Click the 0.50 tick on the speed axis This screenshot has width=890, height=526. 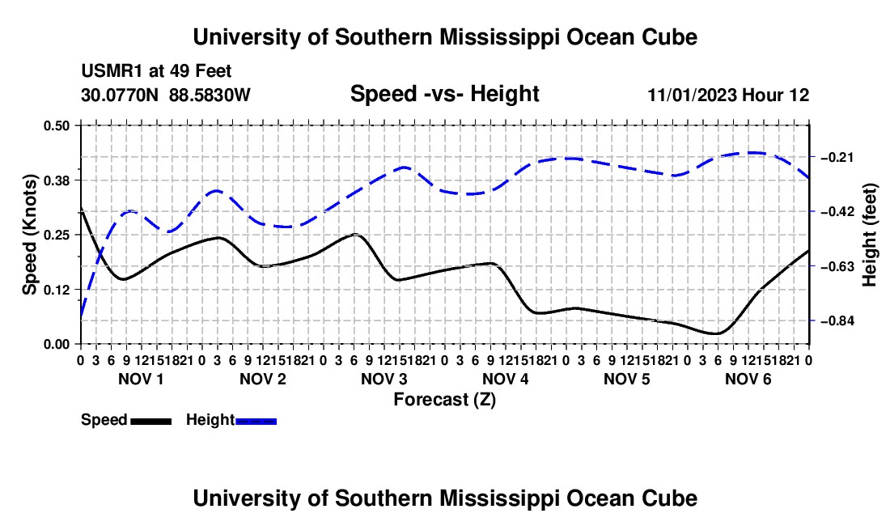pos(56,125)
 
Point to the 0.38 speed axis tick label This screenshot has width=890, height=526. pos(56,180)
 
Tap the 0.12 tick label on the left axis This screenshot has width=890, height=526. pos(56,290)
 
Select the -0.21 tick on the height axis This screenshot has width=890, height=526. pos(837,157)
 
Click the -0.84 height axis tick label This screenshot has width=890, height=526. pos(837,321)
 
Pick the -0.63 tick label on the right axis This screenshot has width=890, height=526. pos(837,267)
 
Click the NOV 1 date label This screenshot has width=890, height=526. pos(141,379)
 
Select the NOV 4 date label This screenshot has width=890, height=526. pos(505,379)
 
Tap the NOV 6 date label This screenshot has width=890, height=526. pos(748,379)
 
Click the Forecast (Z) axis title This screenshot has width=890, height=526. pos(445,400)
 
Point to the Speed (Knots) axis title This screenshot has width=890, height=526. pos(29,235)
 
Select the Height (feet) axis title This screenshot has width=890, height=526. pos(870,235)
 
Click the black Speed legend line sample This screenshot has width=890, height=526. pos(151,421)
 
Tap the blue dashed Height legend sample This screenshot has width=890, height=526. pos(256,421)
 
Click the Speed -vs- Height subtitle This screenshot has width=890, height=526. pos(444,94)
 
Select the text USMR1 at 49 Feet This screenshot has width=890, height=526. pos(156,71)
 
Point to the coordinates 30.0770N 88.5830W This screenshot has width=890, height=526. pos(166,95)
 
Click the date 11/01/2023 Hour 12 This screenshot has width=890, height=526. pos(728,95)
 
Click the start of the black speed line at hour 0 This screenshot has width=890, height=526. pos(81,208)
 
